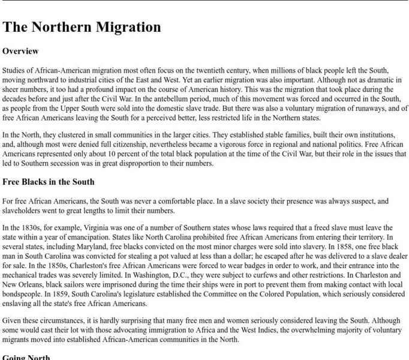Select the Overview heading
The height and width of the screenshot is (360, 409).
(20, 52)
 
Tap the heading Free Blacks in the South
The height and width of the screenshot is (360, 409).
(49, 182)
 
